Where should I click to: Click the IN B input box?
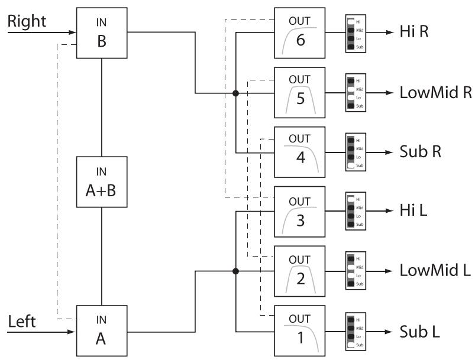point(102,33)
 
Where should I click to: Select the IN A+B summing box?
point(102,182)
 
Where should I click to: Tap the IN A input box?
point(102,331)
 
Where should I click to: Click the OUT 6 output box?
point(299,33)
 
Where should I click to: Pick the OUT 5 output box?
point(299,93)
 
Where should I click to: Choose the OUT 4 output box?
point(299,152)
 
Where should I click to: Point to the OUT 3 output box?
point(299,212)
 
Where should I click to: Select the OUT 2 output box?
point(299,271)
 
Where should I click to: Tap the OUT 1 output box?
point(299,331)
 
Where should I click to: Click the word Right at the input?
point(27,22)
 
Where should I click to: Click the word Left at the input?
point(21,321)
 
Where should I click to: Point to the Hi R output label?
point(414,31)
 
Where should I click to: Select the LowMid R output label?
point(435,92)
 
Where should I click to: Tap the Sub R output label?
point(420,152)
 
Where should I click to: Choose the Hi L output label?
point(413,210)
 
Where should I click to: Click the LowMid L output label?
point(435,270)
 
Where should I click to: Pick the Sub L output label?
point(419,332)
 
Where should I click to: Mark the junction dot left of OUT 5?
point(235,93)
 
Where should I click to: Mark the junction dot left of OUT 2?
point(235,271)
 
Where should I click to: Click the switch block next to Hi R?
point(356,34)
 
